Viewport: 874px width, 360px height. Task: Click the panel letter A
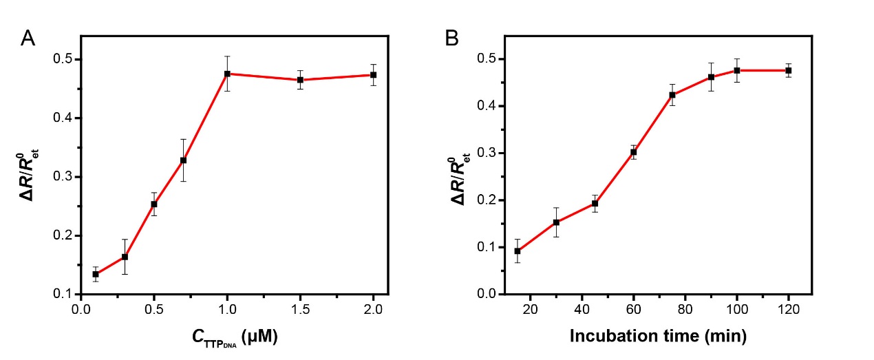click(x=28, y=39)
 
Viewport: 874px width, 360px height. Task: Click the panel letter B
click(x=452, y=39)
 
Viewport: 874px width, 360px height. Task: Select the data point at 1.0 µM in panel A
click(x=227, y=74)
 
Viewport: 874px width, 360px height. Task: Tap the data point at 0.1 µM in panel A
click(x=96, y=274)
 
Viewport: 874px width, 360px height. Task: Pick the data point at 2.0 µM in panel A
click(x=374, y=74)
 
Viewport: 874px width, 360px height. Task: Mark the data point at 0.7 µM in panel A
click(x=184, y=160)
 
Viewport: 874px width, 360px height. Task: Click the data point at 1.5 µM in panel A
click(x=301, y=80)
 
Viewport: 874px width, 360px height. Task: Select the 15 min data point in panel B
click(x=518, y=251)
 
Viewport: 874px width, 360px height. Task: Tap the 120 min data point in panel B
click(x=789, y=70)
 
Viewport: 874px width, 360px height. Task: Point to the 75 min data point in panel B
click(x=672, y=95)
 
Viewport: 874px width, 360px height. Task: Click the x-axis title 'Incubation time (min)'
click(x=659, y=337)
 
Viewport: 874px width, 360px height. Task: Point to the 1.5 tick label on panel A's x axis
click(x=301, y=310)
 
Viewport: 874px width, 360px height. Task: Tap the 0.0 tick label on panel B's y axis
click(x=486, y=295)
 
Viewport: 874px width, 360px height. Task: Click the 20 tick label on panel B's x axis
click(x=531, y=310)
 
